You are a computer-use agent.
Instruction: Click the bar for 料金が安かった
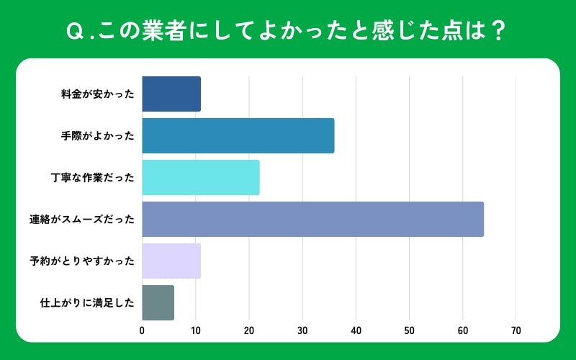click(171, 94)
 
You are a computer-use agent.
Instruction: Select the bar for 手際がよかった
click(238, 135)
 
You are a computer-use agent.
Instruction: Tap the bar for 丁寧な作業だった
click(201, 177)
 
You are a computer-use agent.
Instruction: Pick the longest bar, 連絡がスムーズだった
click(313, 219)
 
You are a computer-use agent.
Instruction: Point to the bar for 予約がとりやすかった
click(171, 261)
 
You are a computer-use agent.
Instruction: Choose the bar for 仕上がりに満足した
click(158, 302)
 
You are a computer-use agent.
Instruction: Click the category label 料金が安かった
click(97, 94)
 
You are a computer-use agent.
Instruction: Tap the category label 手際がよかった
click(97, 135)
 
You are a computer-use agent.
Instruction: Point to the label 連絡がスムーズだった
click(87, 219)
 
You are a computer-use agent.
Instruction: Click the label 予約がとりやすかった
click(87, 261)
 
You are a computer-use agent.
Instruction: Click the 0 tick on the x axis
click(142, 330)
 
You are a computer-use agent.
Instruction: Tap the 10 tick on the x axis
click(195, 330)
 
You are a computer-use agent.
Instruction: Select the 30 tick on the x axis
click(302, 330)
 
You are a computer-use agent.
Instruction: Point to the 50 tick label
click(409, 330)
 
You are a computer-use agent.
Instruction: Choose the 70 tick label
click(516, 330)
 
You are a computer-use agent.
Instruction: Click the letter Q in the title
click(73, 32)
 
